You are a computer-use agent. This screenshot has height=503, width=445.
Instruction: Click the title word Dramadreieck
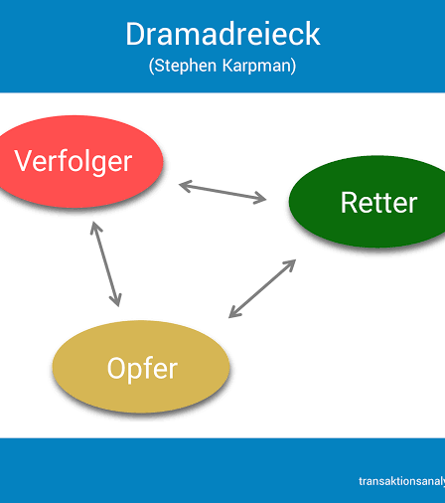pyautogui.click(x=222, y=34)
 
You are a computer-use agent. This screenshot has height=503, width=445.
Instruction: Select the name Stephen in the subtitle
pyautogui.click(x=186, y=66)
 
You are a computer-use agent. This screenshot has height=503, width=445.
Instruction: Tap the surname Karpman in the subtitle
pyautogui.click(x=257, y=66)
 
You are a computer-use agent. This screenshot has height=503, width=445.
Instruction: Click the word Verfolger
pyautogui.click(x=74, y=162)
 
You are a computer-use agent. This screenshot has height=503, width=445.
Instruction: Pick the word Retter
pyautogui.click(x=378, y=203)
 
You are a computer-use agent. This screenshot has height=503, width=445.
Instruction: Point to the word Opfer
pyautogui.click(x=142, y=369)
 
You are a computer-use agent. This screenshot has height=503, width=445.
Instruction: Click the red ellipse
pyautogui.click(x=78, y=162)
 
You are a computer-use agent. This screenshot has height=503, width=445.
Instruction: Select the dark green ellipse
pyautogui.click(x=367, y=202)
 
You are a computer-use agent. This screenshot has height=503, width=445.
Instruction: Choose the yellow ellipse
pyautogui.click(x=141, y=367)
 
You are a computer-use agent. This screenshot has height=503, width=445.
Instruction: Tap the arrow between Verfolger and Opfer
pyautogui.click(x=106, y=264)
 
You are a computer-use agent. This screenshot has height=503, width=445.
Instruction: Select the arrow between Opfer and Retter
pyautogui.click(x=262, y=288)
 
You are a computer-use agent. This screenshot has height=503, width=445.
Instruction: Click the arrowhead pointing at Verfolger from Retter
pyautogui.click(x=185, y=186)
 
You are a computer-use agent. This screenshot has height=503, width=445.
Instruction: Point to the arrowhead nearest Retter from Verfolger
pyautogui.click(x=261, y=198)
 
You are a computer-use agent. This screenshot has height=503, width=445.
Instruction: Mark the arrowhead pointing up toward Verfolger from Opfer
pyautogui.click(x=95, y=228)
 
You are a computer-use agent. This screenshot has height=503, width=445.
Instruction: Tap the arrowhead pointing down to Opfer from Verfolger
pyautogui.click(x=116, y=300)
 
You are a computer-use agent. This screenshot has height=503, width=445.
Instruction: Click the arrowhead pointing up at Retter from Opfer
pyautogui.click(x=290, y=264)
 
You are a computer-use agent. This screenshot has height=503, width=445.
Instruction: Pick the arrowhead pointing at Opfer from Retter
pyautogui.click(x=234, y=313)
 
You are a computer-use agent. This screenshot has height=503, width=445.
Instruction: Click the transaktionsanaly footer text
pyautogui.click(x=402, y=481)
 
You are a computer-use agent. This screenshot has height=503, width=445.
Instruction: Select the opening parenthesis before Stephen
pyautogui.click(x=151, y=66)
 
